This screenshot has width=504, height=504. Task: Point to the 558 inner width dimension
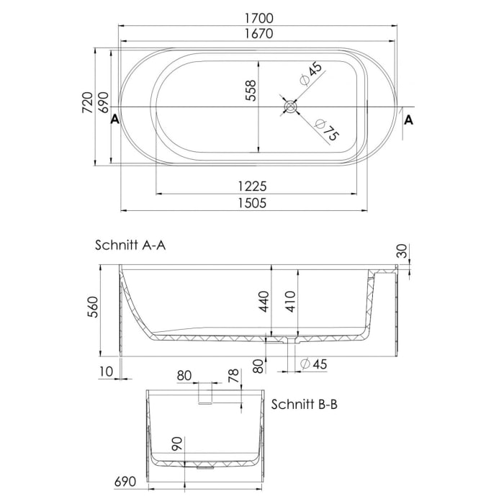251,93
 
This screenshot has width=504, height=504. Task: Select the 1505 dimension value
252,203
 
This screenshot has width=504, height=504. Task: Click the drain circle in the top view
291,107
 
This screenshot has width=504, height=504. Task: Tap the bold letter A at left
114,120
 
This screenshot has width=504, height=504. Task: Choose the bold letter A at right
409,120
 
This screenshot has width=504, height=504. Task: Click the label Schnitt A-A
130,245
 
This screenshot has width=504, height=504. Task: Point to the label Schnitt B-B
305,405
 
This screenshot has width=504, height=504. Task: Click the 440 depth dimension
264,302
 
